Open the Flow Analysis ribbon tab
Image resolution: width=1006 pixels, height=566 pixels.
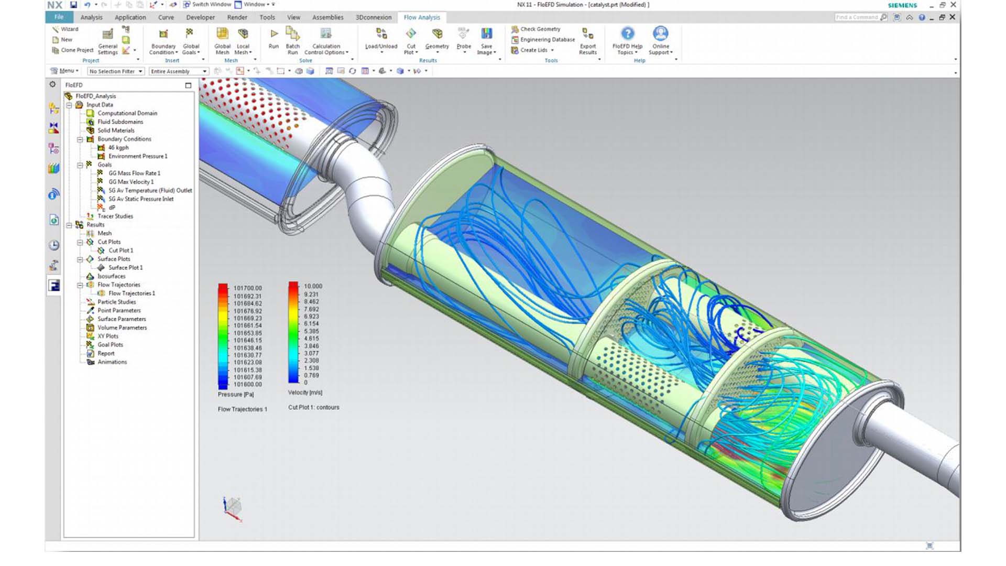pos(422,17)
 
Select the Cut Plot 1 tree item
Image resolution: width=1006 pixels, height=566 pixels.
pos(121,251)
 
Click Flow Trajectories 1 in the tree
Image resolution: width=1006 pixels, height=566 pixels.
pos(132,293)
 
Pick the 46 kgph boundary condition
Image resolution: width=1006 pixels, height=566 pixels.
pos(118,148)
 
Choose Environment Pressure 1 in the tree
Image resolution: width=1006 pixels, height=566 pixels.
pos(138,156)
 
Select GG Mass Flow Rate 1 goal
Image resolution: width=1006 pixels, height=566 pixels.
pos(134,173)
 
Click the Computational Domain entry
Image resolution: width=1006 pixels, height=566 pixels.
pos(127,113)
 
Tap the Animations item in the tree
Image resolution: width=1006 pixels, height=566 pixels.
pos(112,362)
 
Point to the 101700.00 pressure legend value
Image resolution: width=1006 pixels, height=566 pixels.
pos(247,288)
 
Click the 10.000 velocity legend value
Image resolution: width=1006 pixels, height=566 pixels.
pos(313,286)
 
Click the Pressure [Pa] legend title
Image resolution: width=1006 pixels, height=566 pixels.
pos(236,395)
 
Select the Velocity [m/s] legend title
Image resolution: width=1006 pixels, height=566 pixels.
pos(305,393)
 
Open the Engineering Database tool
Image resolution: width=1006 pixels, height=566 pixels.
pos(547,40)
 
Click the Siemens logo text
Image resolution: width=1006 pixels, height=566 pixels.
pos(902,5)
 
